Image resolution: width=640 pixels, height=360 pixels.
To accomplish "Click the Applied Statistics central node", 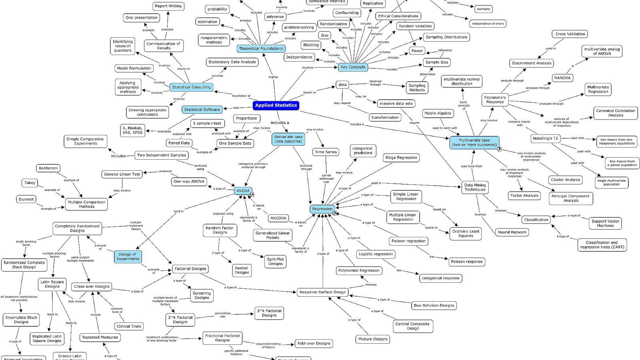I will pyautogui.click(x=276, y=106).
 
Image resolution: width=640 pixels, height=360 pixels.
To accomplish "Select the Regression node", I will pyautogui.click(x=322, y=209).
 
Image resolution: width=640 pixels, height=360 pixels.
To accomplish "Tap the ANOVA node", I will pyautogui.click(x=243, y=191).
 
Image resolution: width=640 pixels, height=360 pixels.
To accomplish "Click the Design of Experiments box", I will pyautogui.click(x=128, y=256).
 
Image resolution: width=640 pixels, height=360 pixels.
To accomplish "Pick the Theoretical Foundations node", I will pyautogui.click(x=261, y=48).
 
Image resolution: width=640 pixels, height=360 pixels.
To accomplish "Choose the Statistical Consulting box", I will pyautogui.click(x=192, y=87).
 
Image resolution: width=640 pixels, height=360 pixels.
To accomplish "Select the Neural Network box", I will pyautogui.click(x=512, y=232).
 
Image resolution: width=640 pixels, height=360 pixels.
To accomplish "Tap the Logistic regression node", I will pyautogui.click(x=376, y=254).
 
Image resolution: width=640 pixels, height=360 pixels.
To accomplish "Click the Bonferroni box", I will pyautogui.click(x=48, y=168).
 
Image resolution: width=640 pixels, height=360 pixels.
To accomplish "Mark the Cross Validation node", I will pyautogui.click(x=570, y=34).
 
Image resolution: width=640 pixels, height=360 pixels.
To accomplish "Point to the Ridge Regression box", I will pyautogui.click(x=401, y=158).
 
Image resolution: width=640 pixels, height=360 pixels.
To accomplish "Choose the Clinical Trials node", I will pyautogui.click(x=129, y=326).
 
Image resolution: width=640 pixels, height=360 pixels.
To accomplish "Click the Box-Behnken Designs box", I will pyautogui.click(x=434, y=306).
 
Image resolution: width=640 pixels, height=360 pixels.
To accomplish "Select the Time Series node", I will pyautogui.click(x=326, y=152).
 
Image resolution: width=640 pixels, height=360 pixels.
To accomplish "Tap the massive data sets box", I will pyautogui.click(x=396, y=104).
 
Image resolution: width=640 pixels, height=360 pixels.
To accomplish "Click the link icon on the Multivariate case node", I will pyautogui.click(x=499, y=149).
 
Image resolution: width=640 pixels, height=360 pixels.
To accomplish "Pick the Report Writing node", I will pyautogui.click(x=168, y=6).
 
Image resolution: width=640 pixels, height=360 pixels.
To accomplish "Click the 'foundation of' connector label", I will pyautogui.click(x=241, y=96).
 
